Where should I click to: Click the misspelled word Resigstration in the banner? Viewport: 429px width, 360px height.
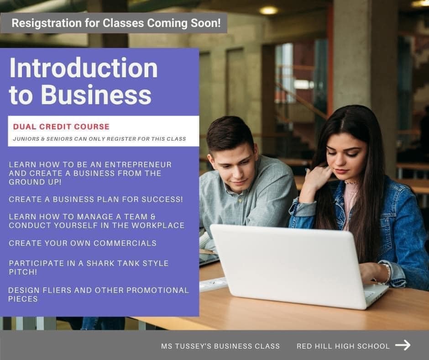click(47, 23)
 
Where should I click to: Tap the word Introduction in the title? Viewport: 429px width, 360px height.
click(84, 68)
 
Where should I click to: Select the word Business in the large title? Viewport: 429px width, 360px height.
click(96, 95)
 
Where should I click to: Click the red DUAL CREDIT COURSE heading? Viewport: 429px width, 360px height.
click(61, 127)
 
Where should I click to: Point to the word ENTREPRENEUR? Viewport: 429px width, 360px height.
click(138, 164)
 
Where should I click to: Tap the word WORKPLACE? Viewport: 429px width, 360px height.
click(158, 226)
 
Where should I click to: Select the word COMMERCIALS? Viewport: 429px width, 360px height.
click(125, 244)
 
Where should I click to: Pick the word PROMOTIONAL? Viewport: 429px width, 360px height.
click(157, 290)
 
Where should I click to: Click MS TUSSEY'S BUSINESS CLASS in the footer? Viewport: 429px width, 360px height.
click(220, 346)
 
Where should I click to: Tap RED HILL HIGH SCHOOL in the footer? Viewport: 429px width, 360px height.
click(343, 346)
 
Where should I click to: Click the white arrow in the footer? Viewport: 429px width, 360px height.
click(403, 345)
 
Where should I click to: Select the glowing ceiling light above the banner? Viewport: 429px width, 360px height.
click(269, 11)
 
